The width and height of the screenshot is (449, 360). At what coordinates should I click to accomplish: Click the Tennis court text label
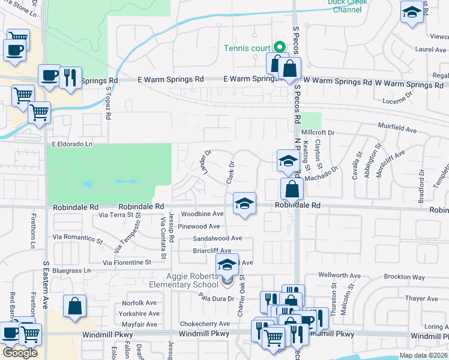pyautogui.click(x=247, y=48)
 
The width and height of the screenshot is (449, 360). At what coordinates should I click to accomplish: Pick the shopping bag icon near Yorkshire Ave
pyautogui.click(x=74, y=306)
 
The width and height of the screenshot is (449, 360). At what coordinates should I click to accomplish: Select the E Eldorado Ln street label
pyautogui.click(x=72, y=144)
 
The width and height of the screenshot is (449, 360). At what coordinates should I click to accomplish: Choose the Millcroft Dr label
pyautogui.click(x=318, y=132)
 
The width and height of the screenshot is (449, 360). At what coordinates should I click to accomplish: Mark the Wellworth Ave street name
pyautogui.click(x=340, y=275)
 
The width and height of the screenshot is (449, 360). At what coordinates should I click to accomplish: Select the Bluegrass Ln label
pyautogui.click(x=71, y=271)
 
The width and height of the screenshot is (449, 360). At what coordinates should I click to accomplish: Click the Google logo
pyautogui.click(x=20, y=353)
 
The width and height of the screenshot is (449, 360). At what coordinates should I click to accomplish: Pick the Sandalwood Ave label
pyautogui.click(x=217, y=238)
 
